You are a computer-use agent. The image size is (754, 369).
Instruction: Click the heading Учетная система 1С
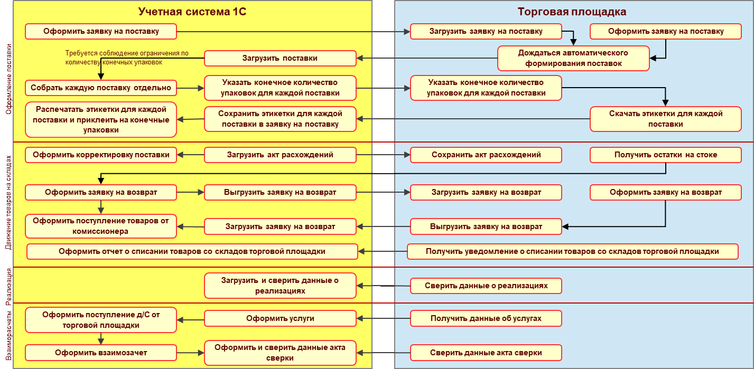click(192, 12)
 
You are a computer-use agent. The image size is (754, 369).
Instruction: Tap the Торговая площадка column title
click(572, 12)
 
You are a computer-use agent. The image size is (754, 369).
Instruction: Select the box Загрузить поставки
click(280, 58)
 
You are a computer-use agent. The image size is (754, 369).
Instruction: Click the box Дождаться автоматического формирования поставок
click(573, 58)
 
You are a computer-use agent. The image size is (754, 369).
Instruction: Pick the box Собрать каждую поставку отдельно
click(100, 88)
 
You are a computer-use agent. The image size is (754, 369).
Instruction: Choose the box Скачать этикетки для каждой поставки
click(665, 119)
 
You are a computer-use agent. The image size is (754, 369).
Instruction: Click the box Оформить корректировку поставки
click(100, 155)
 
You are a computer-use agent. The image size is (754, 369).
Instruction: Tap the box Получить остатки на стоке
click(665, 155)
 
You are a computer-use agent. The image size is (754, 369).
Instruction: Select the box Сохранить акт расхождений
click(486, 155)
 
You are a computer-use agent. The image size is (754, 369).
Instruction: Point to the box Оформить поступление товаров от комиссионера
click(100, 226)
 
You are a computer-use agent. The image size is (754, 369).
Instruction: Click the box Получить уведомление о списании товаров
click(572, 251)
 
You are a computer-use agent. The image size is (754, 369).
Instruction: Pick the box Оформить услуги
click(280, 318)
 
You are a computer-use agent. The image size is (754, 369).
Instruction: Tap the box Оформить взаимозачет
click(100, 352)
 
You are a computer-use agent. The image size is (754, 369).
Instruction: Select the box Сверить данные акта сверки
click(486, 352)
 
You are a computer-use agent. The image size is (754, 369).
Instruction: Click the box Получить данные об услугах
click(486, 318)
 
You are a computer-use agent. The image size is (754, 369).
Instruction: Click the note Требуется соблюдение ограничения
click(126, 58)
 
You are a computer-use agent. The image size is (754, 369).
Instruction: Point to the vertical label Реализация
click(8, 286)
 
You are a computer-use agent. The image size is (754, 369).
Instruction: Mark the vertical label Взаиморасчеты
click(8, 336)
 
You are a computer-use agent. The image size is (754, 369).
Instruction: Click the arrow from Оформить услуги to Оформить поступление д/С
click(191, 319)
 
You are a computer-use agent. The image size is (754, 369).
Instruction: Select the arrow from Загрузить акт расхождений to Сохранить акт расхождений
click(383, 155)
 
